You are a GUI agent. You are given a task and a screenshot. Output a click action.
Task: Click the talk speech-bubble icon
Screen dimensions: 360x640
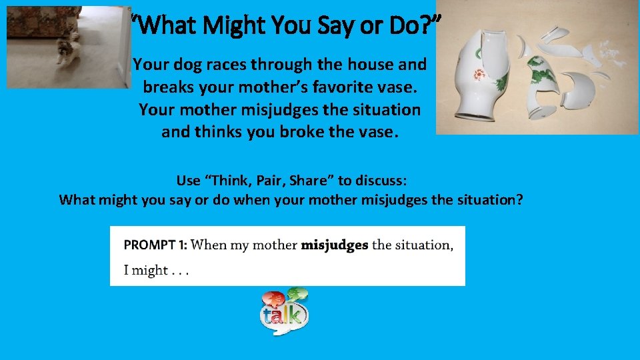click(284, 313)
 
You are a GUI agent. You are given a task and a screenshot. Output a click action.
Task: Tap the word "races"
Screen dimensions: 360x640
click(230, 65)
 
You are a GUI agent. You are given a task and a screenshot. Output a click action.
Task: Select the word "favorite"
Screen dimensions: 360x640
click(309, 87)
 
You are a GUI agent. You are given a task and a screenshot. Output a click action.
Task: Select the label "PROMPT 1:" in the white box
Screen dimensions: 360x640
click(155, 245)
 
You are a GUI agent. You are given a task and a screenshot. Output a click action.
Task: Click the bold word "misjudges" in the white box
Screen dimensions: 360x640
click(335, 245)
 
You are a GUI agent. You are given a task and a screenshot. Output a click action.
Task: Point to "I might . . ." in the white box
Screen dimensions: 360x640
click(156, 270)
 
